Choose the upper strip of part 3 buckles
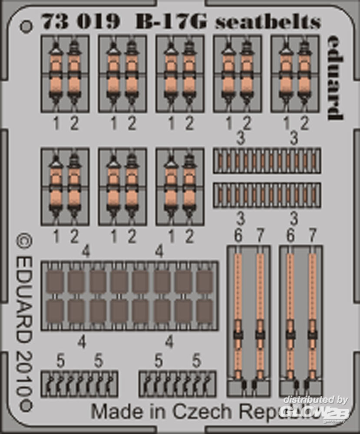(x=267, y=161)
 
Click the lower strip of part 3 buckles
(x=267, y=195)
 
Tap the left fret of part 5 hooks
(x=79, y=384)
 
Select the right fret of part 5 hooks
(x=177, y=384)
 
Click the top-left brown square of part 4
(x=55, y=282)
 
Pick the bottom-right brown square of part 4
(x=205, y=311)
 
